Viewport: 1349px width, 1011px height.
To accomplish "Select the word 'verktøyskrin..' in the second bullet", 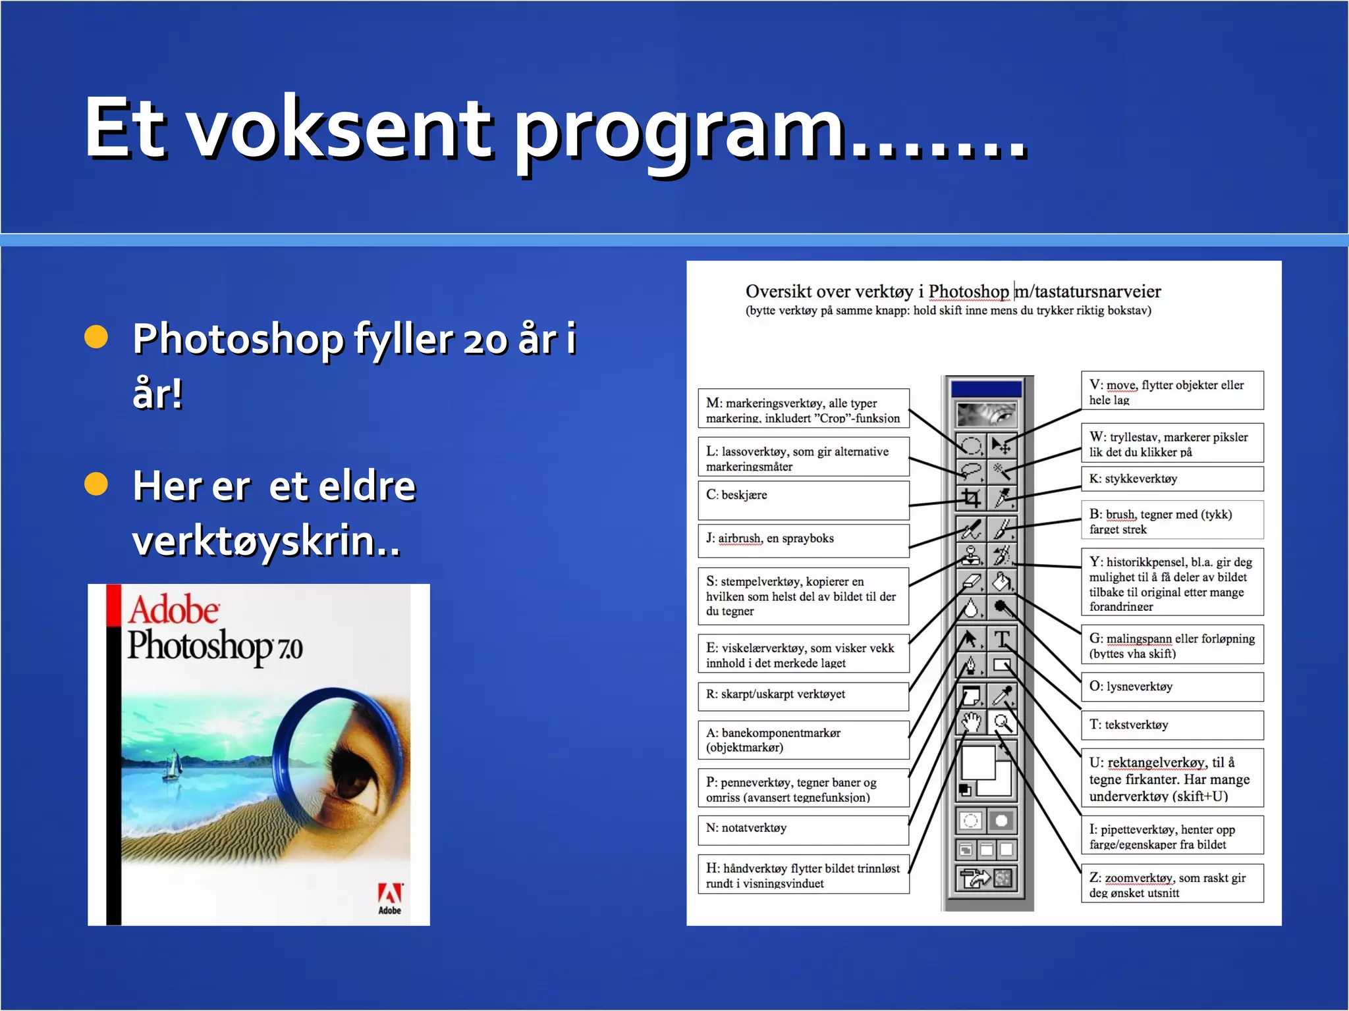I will (x=266, y=541).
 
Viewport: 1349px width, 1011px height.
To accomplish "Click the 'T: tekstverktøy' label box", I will (x=1172, y=725).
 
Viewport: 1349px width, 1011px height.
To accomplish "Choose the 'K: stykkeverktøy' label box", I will (x=1172, y=479).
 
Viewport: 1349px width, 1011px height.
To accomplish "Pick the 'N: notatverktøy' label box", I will (x=803, y=829).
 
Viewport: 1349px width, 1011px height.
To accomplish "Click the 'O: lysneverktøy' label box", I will (x=1172, y=687).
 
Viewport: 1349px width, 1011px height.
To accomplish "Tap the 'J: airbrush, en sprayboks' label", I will (x=803, y=540).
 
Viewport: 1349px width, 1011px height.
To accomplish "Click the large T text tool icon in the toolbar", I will (x=1002, y=638).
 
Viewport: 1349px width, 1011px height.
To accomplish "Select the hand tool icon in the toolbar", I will (x=970, y=723).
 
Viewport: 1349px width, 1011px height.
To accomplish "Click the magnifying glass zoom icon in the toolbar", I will (x=1002, y=723).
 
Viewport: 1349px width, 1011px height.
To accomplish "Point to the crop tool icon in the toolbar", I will (x=970, y=498).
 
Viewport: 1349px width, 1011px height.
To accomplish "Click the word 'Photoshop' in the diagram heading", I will (x=968, y=292).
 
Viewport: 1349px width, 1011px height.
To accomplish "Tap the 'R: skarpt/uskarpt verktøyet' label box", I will (x=803, y=695).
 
